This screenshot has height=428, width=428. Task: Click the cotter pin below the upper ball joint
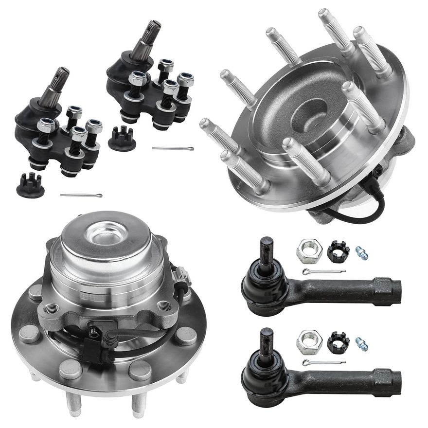click(173, 148)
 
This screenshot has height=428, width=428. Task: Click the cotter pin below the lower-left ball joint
click(81, 196)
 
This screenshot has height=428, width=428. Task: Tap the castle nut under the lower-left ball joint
click(30, 185)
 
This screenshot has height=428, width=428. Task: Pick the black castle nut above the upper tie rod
click(338, 251)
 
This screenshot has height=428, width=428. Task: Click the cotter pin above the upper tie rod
click(323, 271)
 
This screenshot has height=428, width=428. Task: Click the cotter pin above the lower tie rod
click(323, 362)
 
